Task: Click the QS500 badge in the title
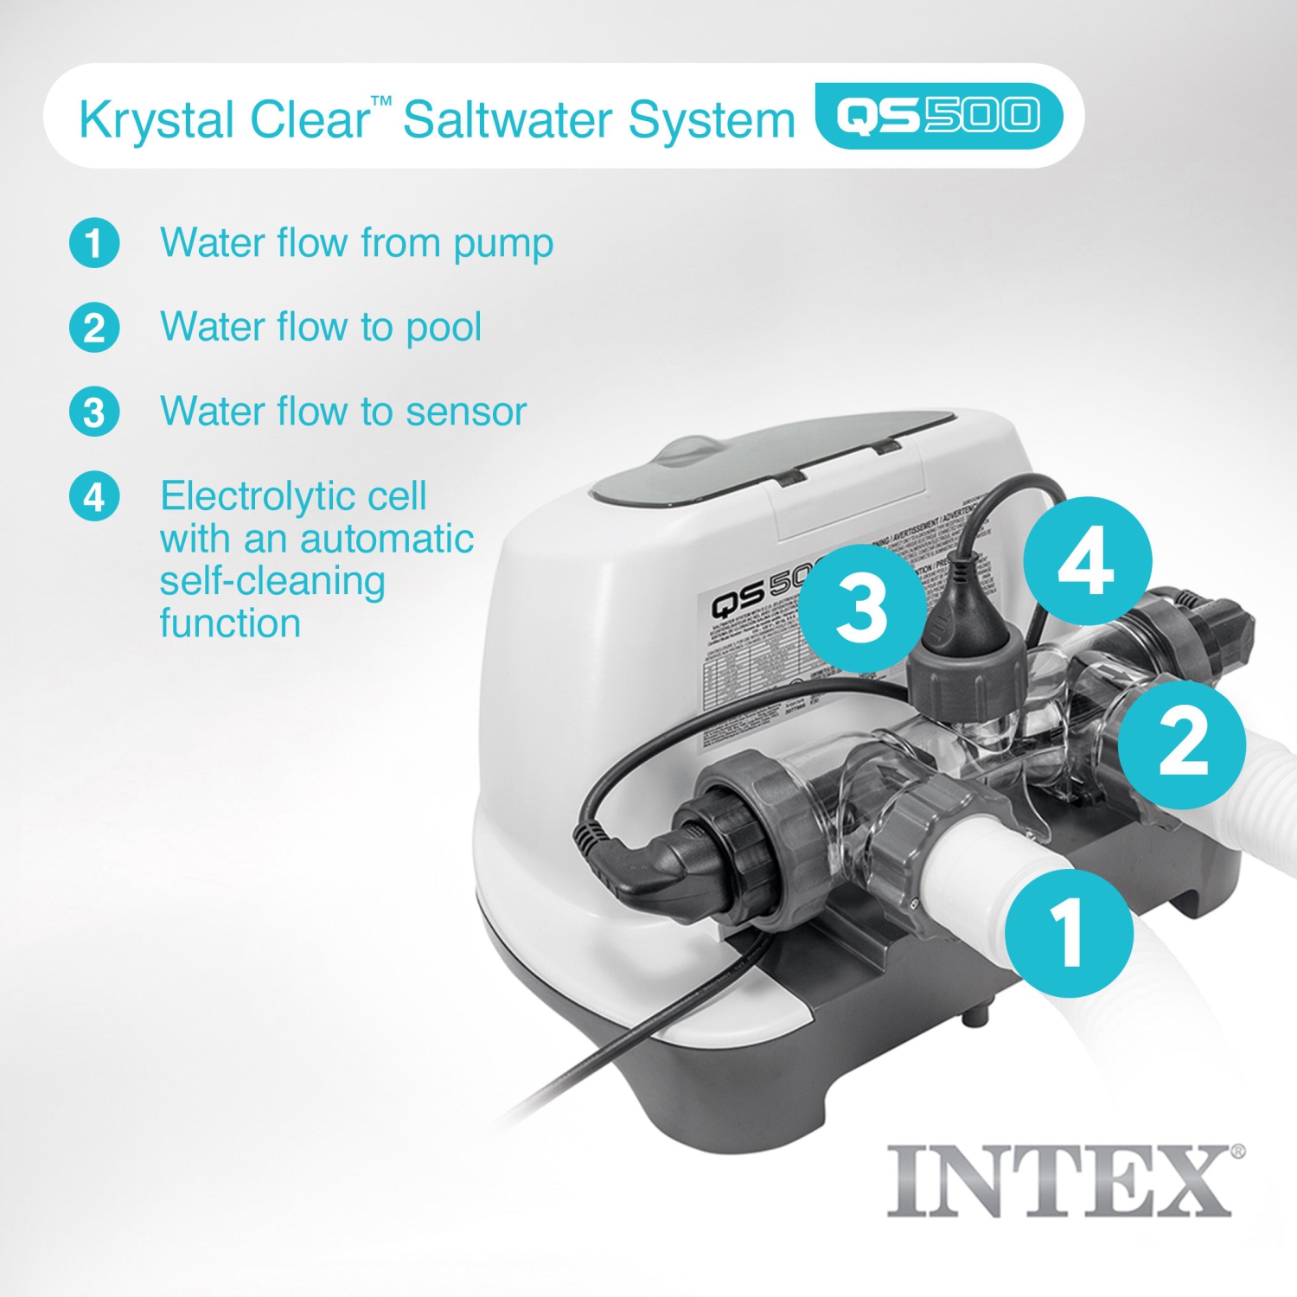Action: pyautogui.click(x=938, y=116)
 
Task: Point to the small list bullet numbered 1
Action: pyautogui.click(x=94, y=243)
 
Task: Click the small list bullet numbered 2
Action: pyautogui.click(x=94, y=328)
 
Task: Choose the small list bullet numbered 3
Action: pyautogui.click(x=94, y=412)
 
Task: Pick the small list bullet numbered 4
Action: pyautogui.click(x=94, y=496)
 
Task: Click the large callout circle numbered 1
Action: pyautogui.click(x=1069, y=933)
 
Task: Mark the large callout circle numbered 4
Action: pyautogui.click(x=1087, y=561)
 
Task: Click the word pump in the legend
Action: pyautogui.click(x=503, y=245)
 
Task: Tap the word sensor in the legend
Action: pyautogui.click(x=466, y=412)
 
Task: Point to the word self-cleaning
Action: pyautogui.click(x=272, y=581)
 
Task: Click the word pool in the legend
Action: pyautogui.click(x=444, y=328)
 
